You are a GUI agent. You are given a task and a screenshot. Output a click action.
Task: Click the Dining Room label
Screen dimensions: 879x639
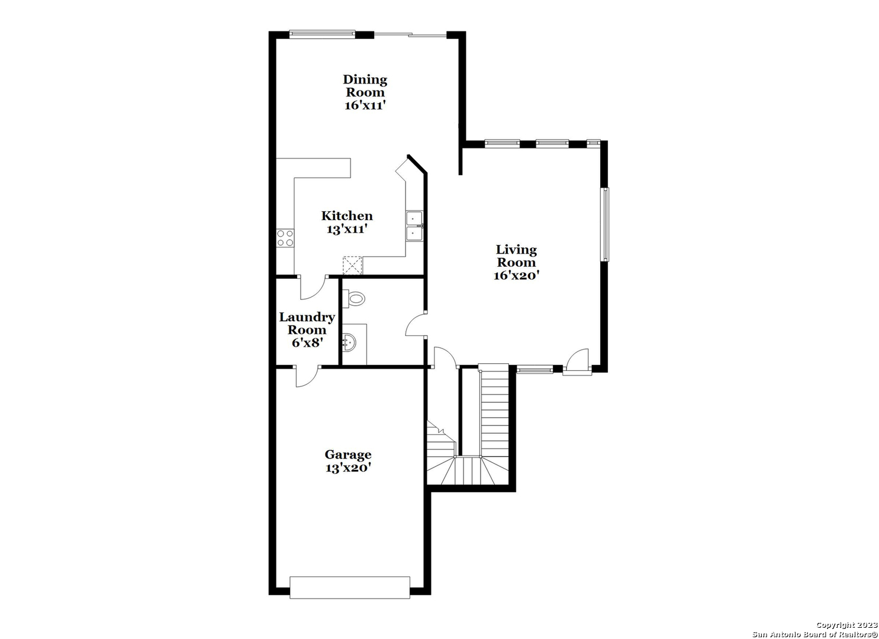pyautogui.click(x=365, y=86)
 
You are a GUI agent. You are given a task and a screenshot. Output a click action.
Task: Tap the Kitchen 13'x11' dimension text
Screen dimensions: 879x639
pyautogui.click(x=347, y=229)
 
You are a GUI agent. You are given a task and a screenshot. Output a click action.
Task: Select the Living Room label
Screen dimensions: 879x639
pyautogui.click(x=516, y=256)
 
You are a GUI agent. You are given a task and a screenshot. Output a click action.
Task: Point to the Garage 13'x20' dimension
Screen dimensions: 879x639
pyautogui.click(x=348, y=468)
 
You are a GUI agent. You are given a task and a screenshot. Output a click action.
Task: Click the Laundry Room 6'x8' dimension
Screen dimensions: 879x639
pyautogui.click(x=307, y=343)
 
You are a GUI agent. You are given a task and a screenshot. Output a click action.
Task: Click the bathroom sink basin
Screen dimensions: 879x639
pyautogui.click(x=349, y=343)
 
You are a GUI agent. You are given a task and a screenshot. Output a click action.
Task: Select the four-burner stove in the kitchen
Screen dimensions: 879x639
pyautogui.click(x=285, y=238)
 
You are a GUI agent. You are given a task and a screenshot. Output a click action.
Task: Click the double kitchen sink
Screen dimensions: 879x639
pyautogui.click(x=414, y=226)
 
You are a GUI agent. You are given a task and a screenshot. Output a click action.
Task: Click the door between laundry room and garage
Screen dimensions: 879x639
pyautogui.click(x=307, y=376)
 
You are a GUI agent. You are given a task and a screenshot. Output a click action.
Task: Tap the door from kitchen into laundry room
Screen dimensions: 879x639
pyautogui.click(x=313, y=288)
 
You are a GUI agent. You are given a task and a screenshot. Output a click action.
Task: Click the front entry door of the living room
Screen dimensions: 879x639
pyautogui.click(x=577, y=362)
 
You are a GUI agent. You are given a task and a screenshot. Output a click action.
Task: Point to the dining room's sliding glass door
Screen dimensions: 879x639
pyautogui.click(x=410, y=35)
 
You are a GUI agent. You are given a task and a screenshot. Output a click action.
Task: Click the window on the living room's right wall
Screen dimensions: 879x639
pyautogui.click(x=606, y=224)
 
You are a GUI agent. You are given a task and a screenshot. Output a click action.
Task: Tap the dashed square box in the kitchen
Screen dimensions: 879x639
pyautogui.click(x=352, y=266)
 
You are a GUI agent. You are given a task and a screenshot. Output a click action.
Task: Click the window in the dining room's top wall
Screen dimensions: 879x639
pyautogui.click(x=322, y=34)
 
